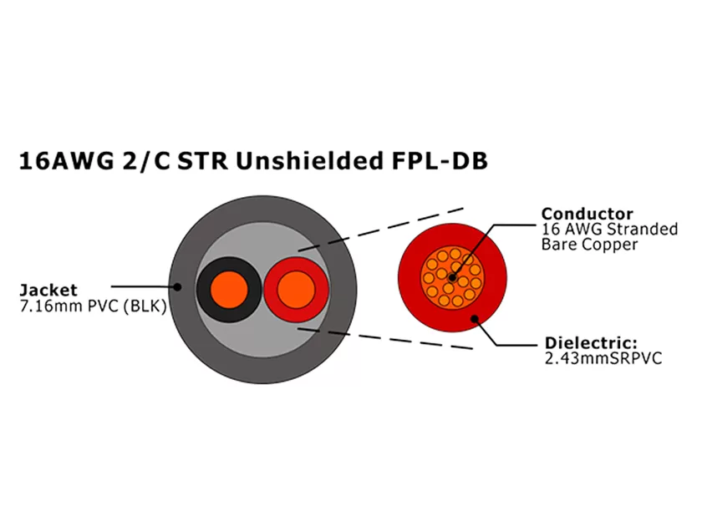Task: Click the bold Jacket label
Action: [x=48, y=291]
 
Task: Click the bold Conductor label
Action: [x=587, y=214]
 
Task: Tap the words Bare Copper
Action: [x=589, y=245]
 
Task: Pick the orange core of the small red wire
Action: [x=294, y=290]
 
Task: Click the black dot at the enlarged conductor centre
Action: [x=452, y=276]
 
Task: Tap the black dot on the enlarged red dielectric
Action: [x=475, y=318]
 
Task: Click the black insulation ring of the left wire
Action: [x=206, y=290]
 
